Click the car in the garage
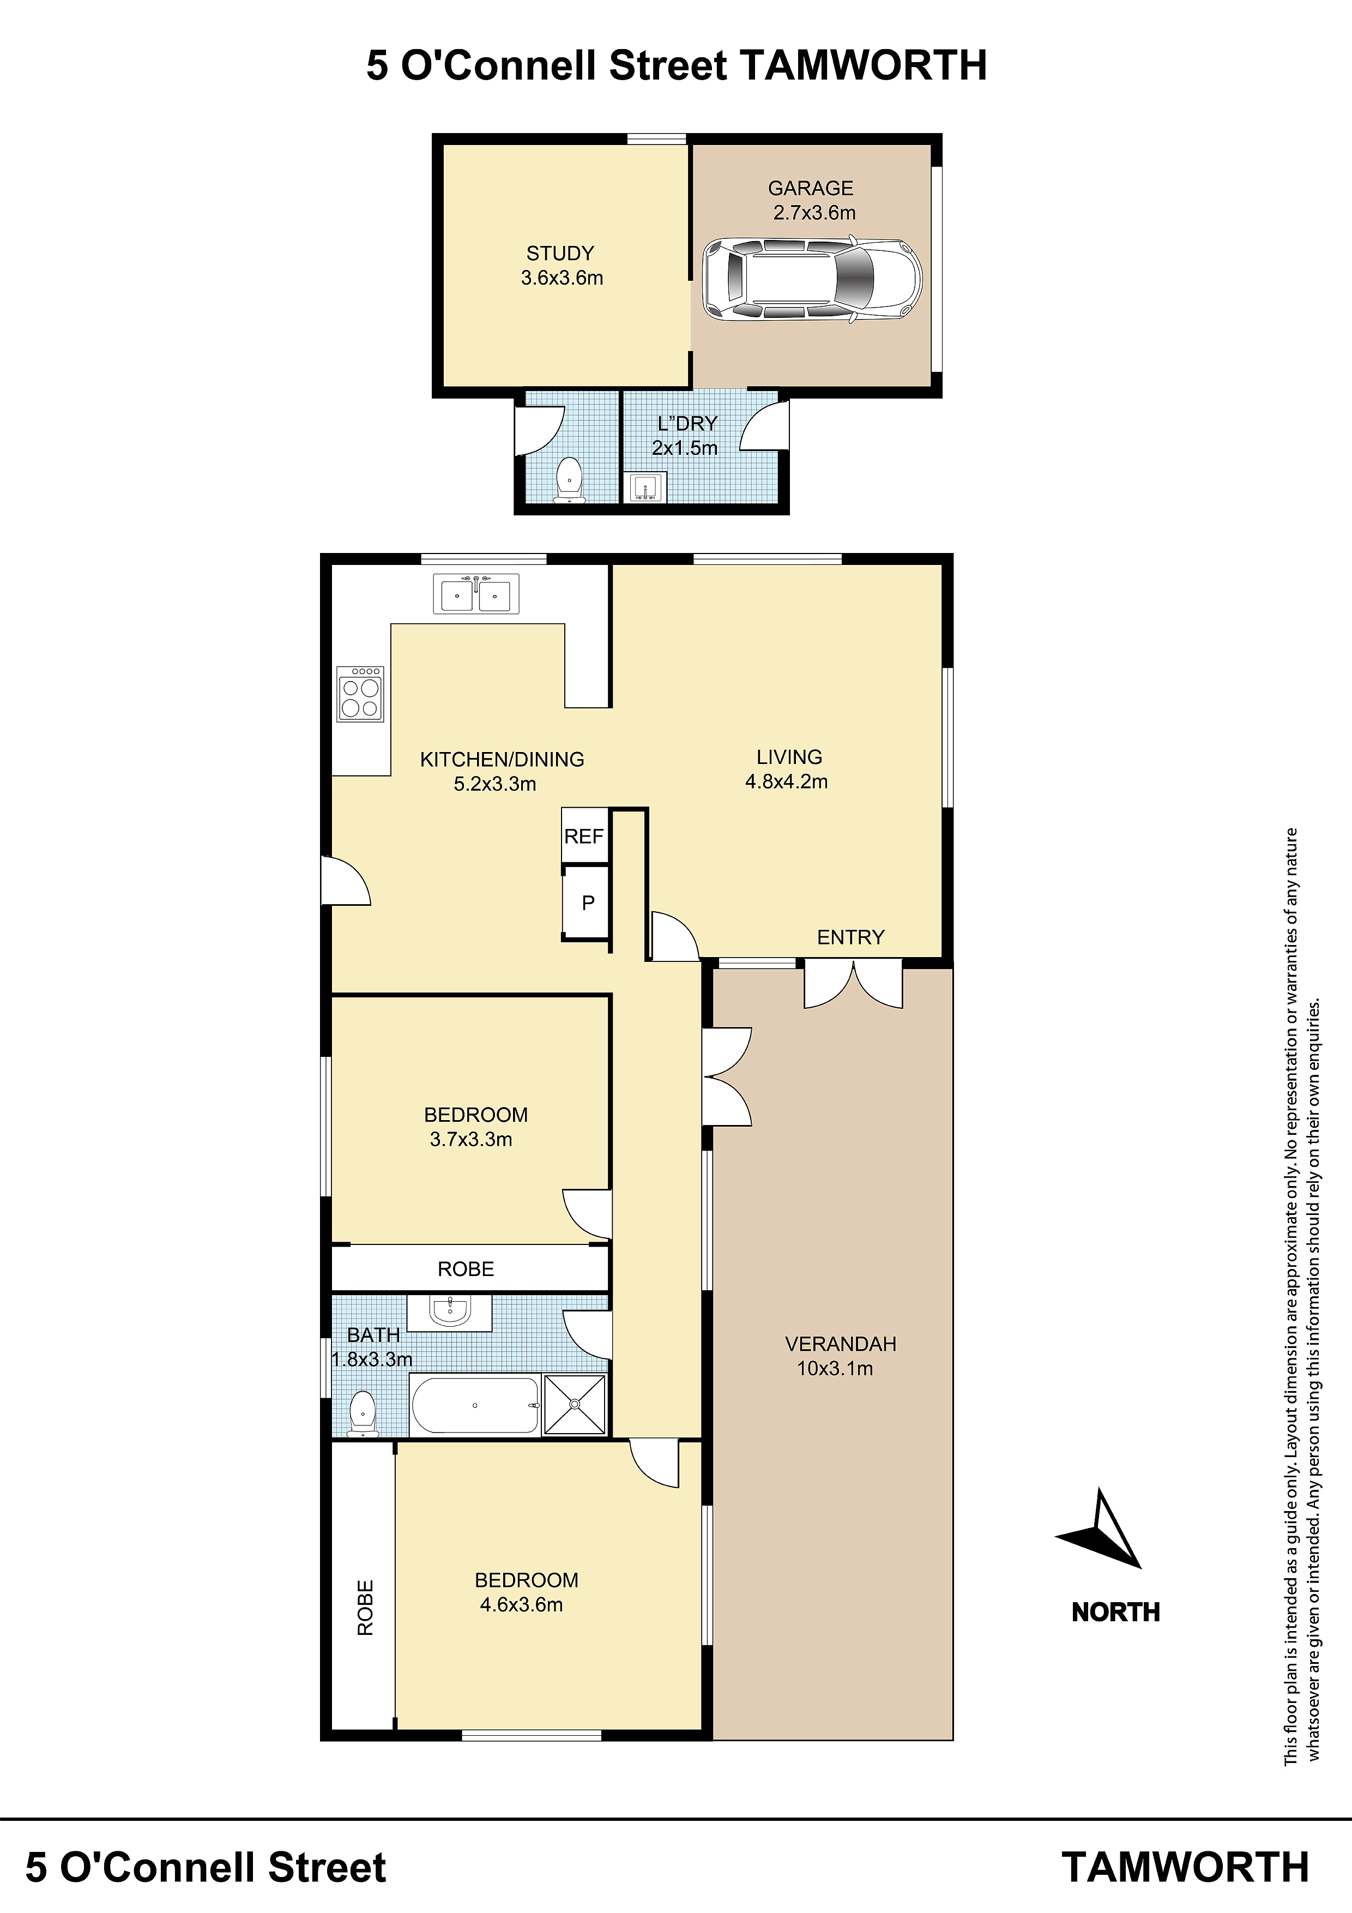click(x=812, y=280)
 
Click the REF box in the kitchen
click(x=584, y=835)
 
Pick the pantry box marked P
click(x=587, y=903)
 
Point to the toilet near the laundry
click(x=570, y=479)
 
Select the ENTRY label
click(x=850, y=937)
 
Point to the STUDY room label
click(x=560, y=253)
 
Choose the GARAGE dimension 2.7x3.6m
click(x=814, y=213)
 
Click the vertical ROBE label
click(x=365, y=1608)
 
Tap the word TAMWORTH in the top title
click(x=863, y=65)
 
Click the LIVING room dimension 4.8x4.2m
click(x=786, y=781)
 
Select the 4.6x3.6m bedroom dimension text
click(x=522, y=1605)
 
